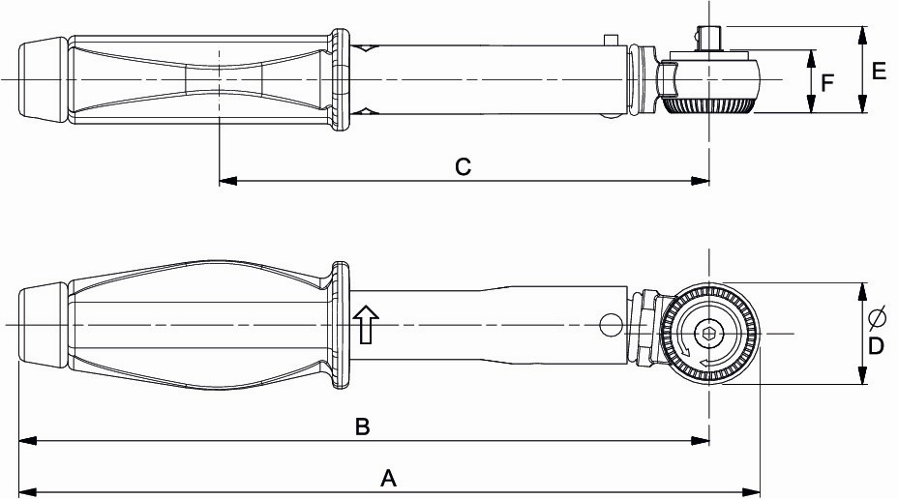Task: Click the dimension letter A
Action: [389, 477]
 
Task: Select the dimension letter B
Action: [362, 426]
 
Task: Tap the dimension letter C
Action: [463, 167]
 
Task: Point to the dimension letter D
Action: [875, 345]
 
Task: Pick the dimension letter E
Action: [879, 71]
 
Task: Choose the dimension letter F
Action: [826, 83]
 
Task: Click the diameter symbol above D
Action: [877, 316]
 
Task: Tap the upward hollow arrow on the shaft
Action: [365, 325]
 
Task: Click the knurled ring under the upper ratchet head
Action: [710, 104]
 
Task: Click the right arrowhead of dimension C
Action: [704, 180]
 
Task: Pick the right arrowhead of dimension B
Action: [704, 441]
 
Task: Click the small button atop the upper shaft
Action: [609, 40]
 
